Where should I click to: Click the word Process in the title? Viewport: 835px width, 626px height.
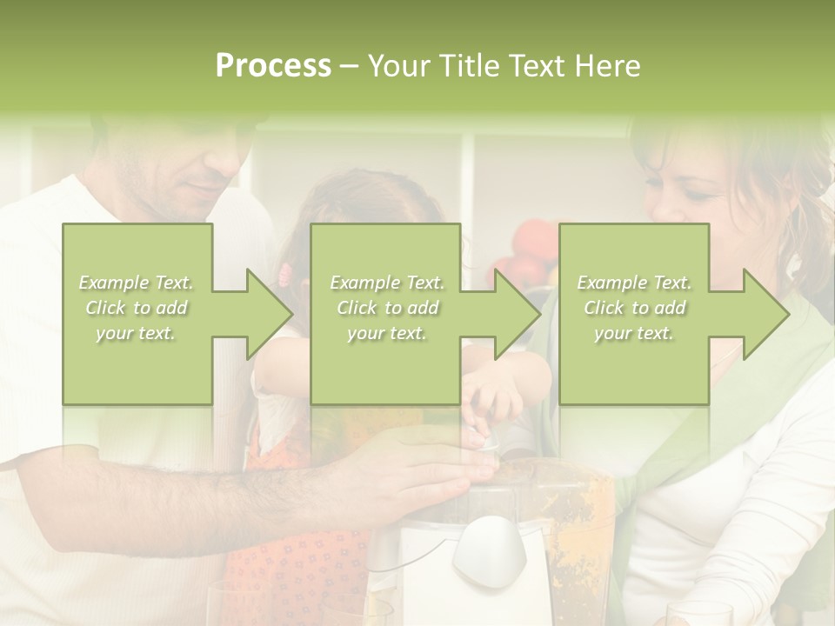pyautogui.click(x=273, y=66)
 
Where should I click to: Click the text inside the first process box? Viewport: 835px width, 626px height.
pyautogui.click(x=137, y=308)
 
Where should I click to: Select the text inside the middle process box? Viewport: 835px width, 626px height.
pyautogui.click(x=387, y=308)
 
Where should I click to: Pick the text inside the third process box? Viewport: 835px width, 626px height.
pyautogui.click(x=634, y=308)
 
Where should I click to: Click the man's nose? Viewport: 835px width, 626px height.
pyautogui.click(x=208, y=174)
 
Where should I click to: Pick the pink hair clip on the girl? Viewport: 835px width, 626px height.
pyautogui.click(x=284, y=276)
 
